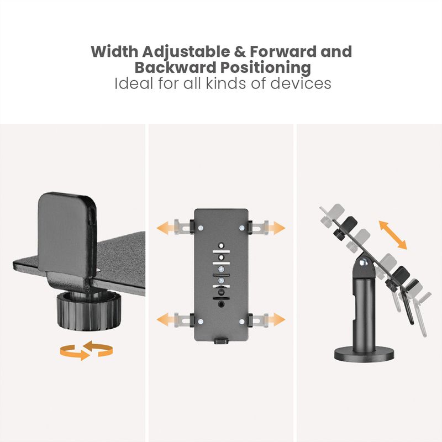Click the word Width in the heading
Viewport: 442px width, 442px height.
point(115,51)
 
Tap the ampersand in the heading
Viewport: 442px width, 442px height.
point(240,51)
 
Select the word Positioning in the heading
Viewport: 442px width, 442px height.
point(266,67)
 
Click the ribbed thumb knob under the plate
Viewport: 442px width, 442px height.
point(89,312)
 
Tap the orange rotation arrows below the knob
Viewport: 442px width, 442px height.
point(86,350)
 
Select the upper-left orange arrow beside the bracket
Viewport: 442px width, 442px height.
point(165,228)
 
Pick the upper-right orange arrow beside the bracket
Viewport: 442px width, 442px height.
point(276,228)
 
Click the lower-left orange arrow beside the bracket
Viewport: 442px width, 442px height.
point(165,319)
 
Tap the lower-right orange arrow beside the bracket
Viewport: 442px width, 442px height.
point(276,319)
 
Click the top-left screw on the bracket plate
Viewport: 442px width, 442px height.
point(201,228)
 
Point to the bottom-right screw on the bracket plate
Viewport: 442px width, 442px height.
point(241,322)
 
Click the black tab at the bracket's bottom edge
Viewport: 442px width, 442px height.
point(220,340)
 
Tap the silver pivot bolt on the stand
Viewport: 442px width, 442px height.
point(365,263)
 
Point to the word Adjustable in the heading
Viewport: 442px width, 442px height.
point(186,52)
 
